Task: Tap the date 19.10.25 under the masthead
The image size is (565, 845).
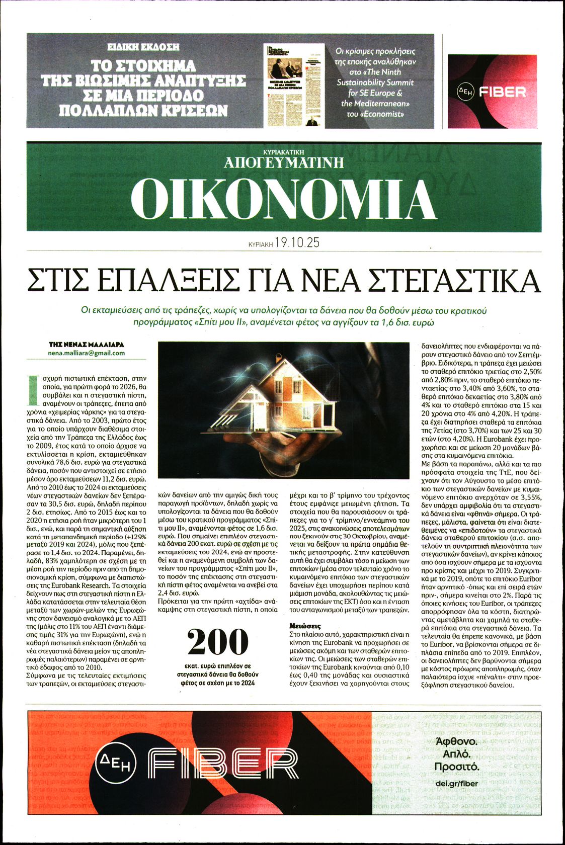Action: tap(298, 243)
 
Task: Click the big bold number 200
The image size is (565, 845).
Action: tap(218, 643)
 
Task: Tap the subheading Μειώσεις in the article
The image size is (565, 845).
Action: tap(305, 626)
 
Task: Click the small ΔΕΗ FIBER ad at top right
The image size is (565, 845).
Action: tap(492, 92)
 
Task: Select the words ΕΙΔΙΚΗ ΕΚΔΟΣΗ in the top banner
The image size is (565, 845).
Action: tap(143, 47)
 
